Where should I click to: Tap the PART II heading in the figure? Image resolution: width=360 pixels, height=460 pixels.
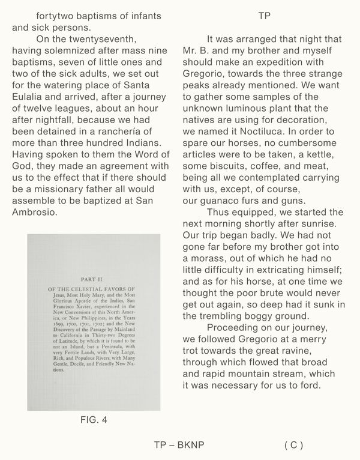pyautogui.click(x=94, y=279)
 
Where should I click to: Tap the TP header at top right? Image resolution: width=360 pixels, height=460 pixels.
pyautogui.click(x=264, y=16)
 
